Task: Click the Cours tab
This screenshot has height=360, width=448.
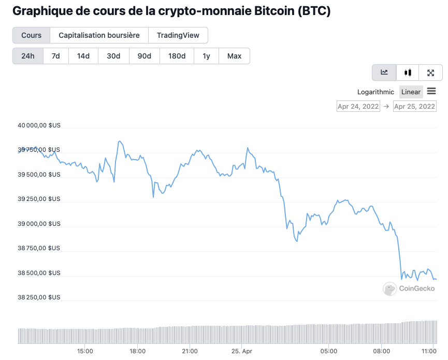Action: (x=32, y=35)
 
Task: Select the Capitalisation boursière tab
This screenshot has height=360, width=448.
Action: (x=99, y=35)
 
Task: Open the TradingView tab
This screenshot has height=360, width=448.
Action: (x=178, y=35)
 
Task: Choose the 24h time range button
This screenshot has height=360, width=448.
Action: (x=28, y=56)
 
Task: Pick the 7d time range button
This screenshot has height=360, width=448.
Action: (x=55, y=56)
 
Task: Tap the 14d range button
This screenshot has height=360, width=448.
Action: (x=83, y=56)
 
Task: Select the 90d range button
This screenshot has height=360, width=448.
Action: (x=144, y=56)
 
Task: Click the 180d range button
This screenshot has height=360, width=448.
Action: (x=177, y=56)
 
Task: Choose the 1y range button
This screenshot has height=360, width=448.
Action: (x=206, y=56)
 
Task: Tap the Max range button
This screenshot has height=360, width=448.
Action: (x=234, y=56)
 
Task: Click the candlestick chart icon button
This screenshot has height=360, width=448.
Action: (x=408, y=73)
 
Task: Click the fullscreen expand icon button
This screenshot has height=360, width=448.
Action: (x=430, y=73)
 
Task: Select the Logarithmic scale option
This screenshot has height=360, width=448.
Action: (x=375, y=92)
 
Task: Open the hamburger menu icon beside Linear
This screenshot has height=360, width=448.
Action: (x=431, y=92)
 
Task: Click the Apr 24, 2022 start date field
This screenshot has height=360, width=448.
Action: (x=358, y=106)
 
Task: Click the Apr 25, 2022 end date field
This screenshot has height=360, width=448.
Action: (x=414, y=106)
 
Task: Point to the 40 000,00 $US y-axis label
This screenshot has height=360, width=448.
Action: (x=39, y=125)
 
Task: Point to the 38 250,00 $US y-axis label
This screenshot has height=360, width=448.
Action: (x=39, y=297)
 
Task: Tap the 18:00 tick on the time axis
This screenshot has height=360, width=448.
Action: (x=137, y=351)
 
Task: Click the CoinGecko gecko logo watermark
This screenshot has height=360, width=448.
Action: (x=389, y=289)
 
